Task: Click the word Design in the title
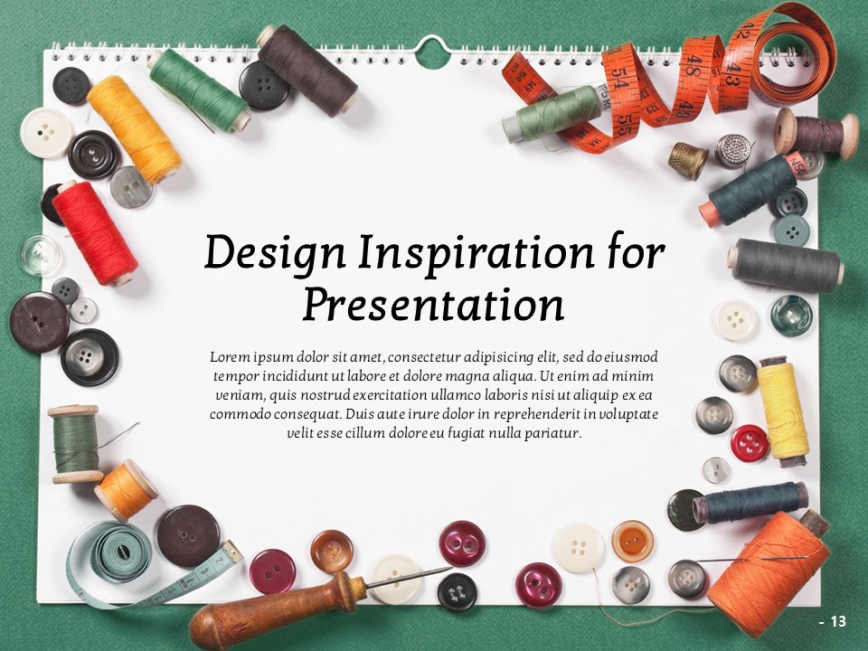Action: click(x=275, y=253)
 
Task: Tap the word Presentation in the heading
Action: click(x=433, y=305)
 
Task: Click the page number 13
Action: click(x=839, y=622)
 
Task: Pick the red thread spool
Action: click(x=95, y=233)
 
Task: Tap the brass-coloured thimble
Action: click(x=687, y=160)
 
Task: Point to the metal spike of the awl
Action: click(x=410, y=576)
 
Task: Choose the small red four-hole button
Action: click(x=750, y=443)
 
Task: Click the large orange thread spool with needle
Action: click(x=769, y=573)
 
